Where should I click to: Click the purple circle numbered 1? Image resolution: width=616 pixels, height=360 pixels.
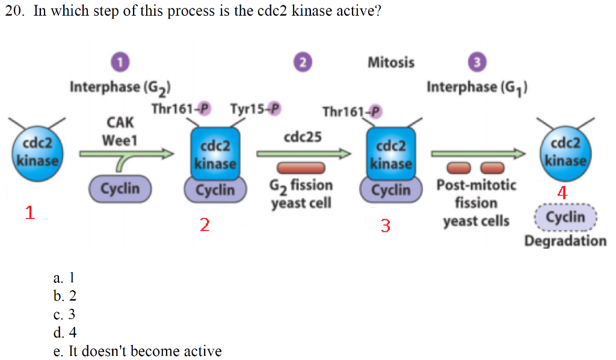point(121,61)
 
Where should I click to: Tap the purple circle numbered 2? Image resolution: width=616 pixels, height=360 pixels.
point(303,62)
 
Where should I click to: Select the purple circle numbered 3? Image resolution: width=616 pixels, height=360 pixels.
point(476,62)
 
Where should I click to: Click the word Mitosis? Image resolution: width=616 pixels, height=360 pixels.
point(390,63)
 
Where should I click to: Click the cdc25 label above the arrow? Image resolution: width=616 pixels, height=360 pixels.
point(302,137)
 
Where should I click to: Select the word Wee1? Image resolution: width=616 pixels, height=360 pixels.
point(120,140)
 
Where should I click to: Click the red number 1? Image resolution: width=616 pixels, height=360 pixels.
point(30,212)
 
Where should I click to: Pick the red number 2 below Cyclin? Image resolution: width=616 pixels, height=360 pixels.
point(205,225)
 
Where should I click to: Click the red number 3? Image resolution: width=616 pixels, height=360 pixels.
point(385,226)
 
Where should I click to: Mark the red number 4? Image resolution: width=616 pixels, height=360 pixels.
point(562,193)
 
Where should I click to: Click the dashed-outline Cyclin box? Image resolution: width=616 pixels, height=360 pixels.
point(565,217)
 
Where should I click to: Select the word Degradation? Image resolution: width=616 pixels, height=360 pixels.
point(565,241)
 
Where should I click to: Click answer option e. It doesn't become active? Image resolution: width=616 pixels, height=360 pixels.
point(137,351)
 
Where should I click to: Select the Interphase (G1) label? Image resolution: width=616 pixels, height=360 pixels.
point(477,87)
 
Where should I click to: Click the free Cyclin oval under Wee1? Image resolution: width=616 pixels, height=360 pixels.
point(120,188)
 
